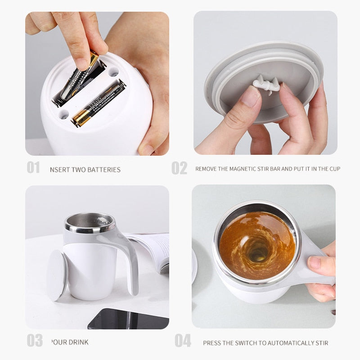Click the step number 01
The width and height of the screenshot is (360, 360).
pos(33,168)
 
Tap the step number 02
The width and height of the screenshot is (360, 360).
pos(179,168)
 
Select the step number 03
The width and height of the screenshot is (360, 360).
pos(34,340)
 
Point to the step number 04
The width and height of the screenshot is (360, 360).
pos(183,341)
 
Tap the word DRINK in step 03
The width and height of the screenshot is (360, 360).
pos(71,342)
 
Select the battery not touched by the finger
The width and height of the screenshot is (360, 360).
pos(98,103)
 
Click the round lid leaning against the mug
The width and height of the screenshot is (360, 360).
pos(57,275)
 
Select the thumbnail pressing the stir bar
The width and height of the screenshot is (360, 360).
pos(250,96)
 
